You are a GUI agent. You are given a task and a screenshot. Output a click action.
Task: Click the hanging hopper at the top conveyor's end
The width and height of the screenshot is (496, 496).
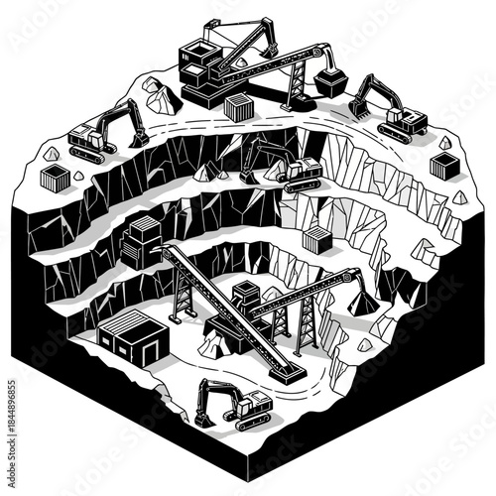(x=330, y=82)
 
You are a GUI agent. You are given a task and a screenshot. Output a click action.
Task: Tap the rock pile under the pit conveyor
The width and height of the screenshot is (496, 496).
(x=211, y=344)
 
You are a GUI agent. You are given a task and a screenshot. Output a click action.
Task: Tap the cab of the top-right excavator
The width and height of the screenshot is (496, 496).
(x=402, y=119)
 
